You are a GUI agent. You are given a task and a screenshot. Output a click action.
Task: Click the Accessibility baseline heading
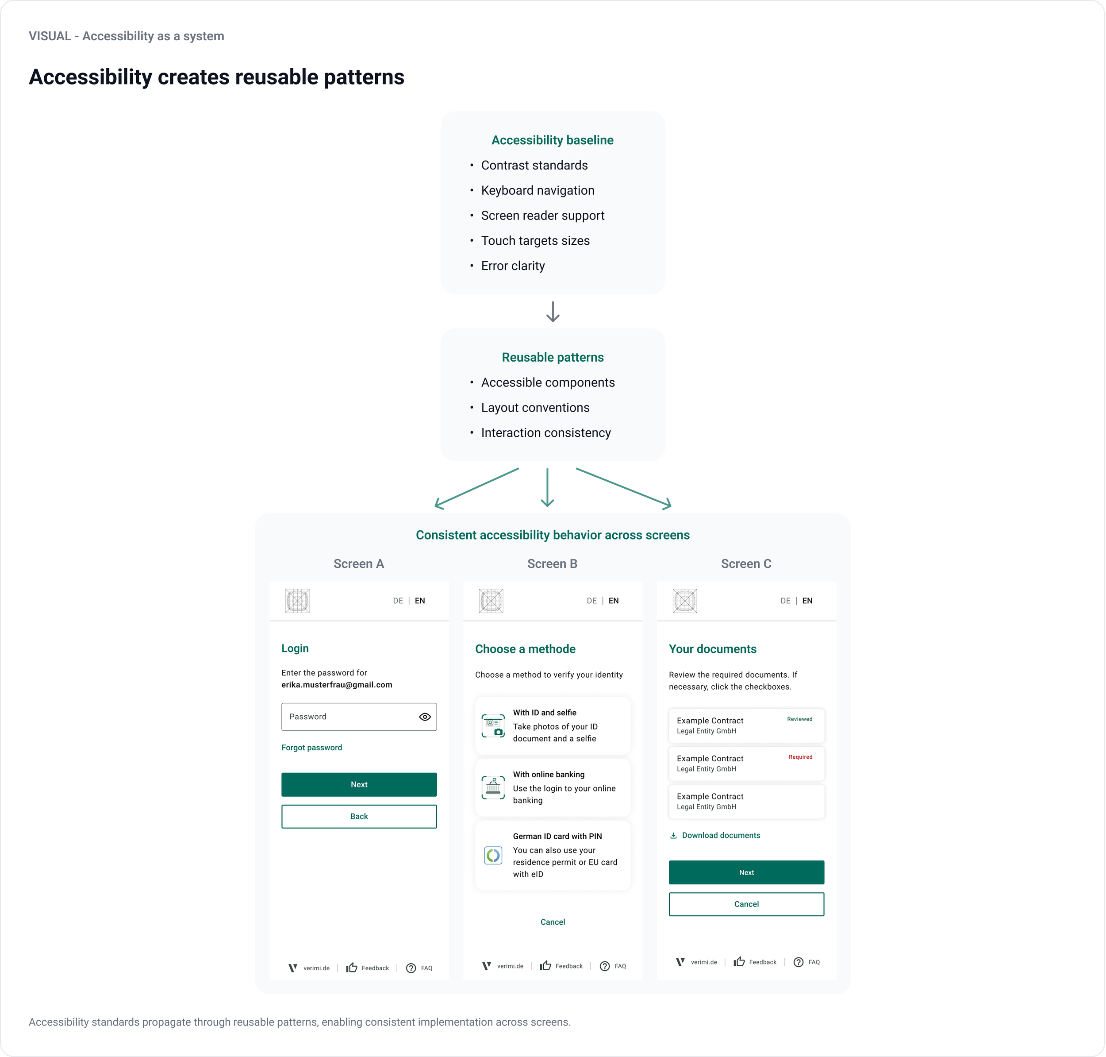tap(553, 140)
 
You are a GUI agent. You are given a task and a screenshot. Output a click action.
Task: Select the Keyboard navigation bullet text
tap(537, 190)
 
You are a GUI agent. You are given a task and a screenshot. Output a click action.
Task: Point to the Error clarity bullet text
tap(512, 266)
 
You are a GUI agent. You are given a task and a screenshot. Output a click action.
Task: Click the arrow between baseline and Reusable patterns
tap(553, 312)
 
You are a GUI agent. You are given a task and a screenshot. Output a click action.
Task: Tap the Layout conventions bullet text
tap(535, 408)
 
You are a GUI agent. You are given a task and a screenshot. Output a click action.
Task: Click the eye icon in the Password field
tap(425, 717)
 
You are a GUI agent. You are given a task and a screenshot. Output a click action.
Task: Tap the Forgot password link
tap(311, 748)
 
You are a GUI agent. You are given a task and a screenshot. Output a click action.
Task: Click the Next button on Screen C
tap(746, 872)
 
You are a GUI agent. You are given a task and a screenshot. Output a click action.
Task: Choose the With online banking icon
tap(493, 788)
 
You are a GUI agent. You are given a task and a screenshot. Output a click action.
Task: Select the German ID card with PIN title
tap(557, 836)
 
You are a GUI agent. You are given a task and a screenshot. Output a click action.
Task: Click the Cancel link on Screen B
tap(553, 922)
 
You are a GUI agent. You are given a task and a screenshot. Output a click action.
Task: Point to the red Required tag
tap(800, 757)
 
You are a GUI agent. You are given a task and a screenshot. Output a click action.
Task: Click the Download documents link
tap(720, 836)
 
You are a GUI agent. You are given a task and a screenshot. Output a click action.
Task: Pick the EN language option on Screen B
tap(613, 601)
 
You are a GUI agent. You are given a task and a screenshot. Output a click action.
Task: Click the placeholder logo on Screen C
tap(685, 601)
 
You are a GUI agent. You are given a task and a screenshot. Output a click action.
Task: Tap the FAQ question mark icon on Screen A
tap(411, 968)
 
